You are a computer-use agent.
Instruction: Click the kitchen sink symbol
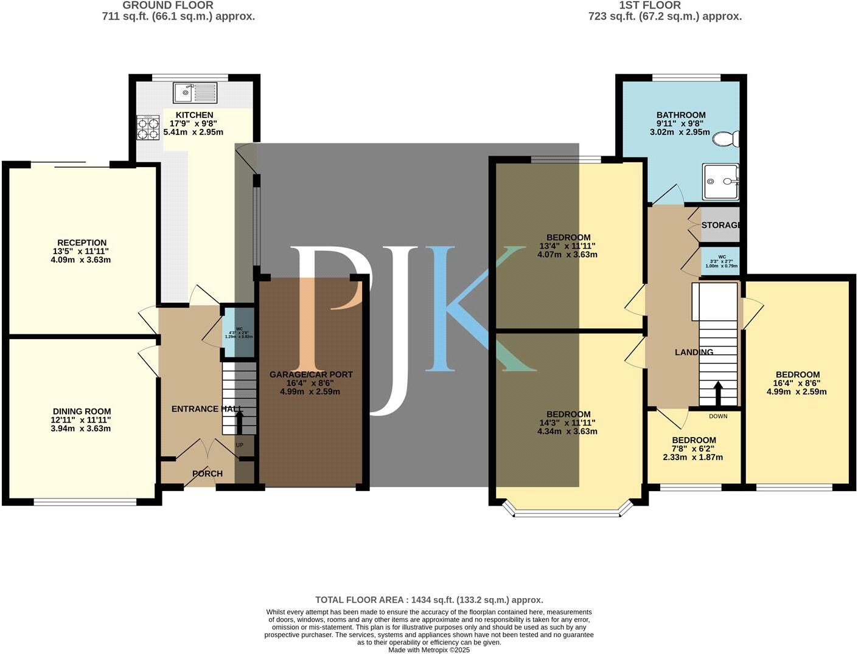[195, 92]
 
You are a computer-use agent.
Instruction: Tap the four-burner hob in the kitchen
[147, 128]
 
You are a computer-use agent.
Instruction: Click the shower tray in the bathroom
[721, 181]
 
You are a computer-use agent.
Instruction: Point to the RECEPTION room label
[82, 243]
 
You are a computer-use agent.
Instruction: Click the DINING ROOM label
[82, 411]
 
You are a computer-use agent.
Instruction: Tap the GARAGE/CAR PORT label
[311, 374]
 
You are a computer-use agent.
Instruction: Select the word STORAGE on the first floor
[721, 225]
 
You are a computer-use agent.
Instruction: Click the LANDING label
[694, 352]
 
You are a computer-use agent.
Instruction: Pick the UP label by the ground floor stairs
[239, 446]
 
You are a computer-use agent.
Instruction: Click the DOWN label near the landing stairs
[718, 416]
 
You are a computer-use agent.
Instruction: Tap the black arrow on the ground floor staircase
[239, 421]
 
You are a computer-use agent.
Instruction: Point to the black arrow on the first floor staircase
[718, 393]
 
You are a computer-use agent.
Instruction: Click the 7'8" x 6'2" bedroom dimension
[694, 449]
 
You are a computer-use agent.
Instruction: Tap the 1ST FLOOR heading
[650, 5]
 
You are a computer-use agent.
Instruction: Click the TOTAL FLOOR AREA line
[429, 600]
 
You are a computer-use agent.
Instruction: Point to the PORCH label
[208, 473]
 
